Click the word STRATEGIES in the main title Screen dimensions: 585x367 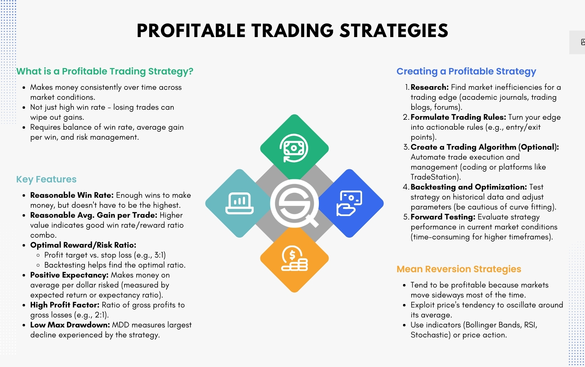tap(394, 31)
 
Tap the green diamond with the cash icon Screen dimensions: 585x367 tap(294, 148)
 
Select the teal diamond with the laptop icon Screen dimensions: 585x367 tap(238, 203)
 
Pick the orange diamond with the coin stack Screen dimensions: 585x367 tap(294, 259)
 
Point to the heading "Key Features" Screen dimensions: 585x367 tap(46, 179)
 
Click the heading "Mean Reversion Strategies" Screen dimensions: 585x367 tap(459, 269)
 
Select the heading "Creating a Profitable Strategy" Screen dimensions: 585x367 tap(466, 71)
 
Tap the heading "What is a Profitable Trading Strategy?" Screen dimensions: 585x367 tap(105, 71)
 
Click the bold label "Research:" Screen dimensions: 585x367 tap(429, 87)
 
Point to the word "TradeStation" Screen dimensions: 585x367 tap(433, 177)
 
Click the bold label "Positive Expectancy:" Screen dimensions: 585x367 tap(69, 275)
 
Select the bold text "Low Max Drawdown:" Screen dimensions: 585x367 tap(70, 325)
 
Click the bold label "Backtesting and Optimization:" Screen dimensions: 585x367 tap(469, 187)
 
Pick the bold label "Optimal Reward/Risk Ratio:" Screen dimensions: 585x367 tap(83, 245)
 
